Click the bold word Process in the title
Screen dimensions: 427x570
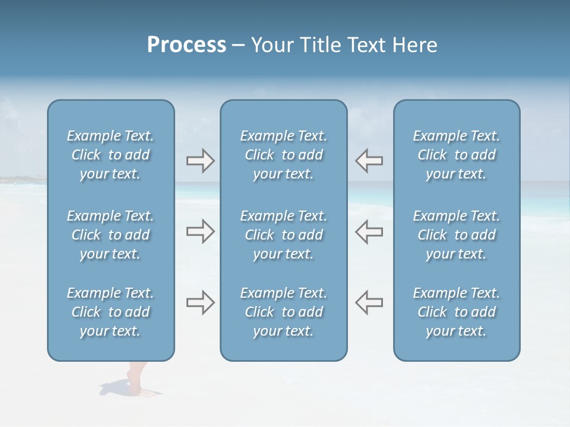(186, 45)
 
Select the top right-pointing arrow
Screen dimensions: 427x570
(200, 161)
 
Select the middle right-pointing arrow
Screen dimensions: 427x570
(200, 232)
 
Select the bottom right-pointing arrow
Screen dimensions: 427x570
(200, 303)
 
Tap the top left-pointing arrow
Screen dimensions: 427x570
(369, 161)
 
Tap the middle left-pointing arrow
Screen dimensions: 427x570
(369, 232)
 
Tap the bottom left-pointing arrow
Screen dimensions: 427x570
(369, 303)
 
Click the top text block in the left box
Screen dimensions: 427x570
(110, 155)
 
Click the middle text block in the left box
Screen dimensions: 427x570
(110, 235)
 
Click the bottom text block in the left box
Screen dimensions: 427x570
(110, 312)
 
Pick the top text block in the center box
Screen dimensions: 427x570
(283, 155)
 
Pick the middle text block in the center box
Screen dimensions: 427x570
(283, 235)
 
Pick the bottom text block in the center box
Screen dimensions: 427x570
(283, 312)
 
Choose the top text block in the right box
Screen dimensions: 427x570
(456, 155)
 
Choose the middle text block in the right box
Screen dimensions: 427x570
(456, 235)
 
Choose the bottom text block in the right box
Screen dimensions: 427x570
(456, 312)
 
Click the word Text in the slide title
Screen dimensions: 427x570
(365, 45)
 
